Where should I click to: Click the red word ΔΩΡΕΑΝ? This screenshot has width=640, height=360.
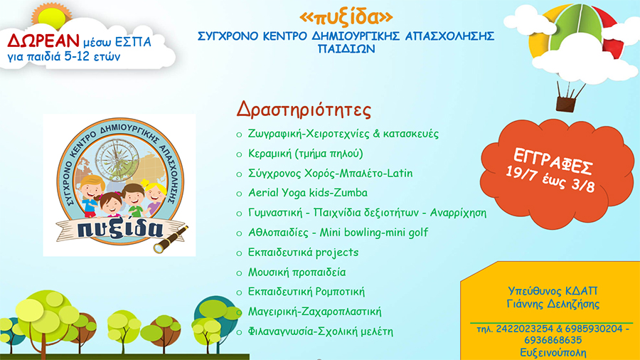click(43, 41)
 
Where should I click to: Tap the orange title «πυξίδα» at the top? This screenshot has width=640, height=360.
click(346, 17)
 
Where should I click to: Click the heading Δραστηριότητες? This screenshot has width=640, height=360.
click(304, 110)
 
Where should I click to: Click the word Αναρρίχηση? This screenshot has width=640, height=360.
click(458, 213)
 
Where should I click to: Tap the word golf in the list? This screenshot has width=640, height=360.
click(418, 232)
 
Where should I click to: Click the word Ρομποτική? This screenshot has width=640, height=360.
click(340, 292)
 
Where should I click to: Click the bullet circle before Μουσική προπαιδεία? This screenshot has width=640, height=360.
click(239, 273)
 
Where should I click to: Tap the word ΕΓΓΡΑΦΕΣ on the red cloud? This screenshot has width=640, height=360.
click(553, 162)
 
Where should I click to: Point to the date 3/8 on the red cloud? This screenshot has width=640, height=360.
click(583, 185)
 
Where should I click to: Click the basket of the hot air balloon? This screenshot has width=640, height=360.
click(566, 104)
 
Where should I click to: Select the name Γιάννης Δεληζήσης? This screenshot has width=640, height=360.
click(553, 304)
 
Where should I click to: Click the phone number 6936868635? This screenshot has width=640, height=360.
click(553, 340)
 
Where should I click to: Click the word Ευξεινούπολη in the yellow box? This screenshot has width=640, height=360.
click(553, 353)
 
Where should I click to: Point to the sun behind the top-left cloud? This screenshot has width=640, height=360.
click(52, 16)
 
